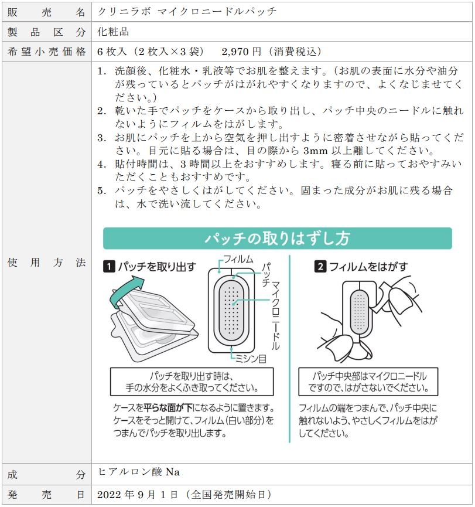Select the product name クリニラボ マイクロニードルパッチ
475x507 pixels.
(187, 11)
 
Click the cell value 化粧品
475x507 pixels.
(113, 31)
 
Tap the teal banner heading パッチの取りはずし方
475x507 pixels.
(277, 239)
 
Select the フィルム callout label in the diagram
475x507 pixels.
(238, 260)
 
